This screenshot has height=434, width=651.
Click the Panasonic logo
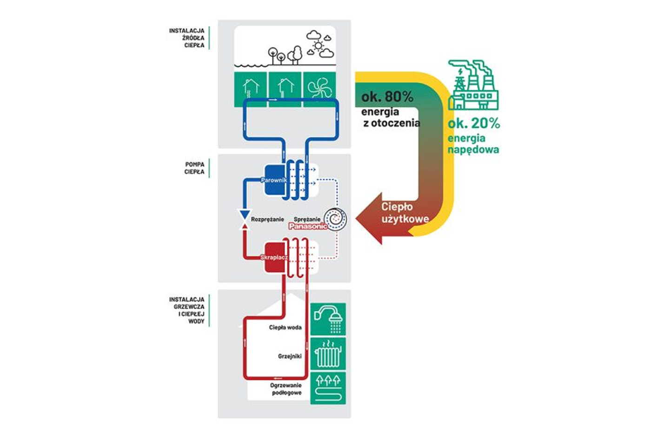308,226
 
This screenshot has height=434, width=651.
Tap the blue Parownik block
274,180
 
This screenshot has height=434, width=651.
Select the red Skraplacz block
274,257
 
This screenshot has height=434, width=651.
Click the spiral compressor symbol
336,218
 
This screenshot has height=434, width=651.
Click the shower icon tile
328,319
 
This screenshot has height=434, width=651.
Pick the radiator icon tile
328,354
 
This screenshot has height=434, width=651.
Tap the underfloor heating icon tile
328,388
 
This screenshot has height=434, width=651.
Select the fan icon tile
319,88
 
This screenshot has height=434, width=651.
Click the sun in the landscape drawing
318,46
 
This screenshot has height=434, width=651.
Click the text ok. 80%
387,97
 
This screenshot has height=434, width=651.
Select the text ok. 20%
473,123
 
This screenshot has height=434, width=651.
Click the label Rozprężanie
267,219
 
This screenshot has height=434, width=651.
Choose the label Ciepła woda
285,327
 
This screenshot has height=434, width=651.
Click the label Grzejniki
290,356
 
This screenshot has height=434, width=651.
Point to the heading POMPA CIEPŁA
194,168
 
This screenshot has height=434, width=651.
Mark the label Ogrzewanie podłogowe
286,389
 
